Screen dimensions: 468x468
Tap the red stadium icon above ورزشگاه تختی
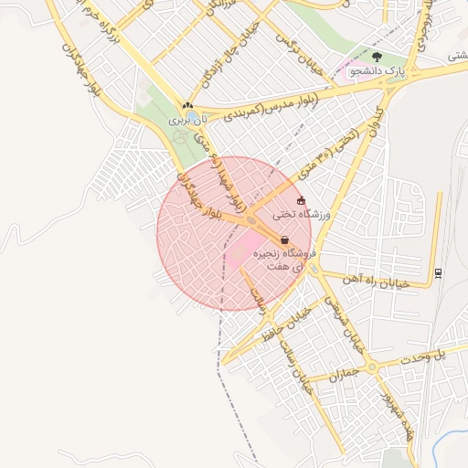[302, 200]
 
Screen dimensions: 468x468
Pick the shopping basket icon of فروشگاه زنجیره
[284, 239]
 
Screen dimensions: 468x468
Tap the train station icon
[439, 271]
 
